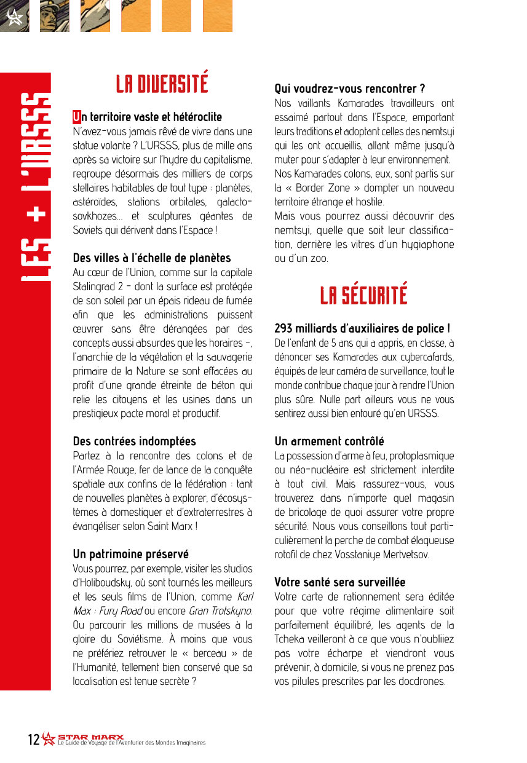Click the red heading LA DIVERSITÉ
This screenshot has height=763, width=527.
pos(162,84)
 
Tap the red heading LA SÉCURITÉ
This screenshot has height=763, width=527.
pos(363,296)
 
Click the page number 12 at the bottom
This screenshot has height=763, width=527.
pos(34,739)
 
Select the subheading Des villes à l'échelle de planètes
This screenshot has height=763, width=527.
pos(151,258)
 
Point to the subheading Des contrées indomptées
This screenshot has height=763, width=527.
pos(134,441)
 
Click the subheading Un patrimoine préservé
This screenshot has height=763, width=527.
pos(130,554)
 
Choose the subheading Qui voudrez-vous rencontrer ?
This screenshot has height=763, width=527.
pos(349,89)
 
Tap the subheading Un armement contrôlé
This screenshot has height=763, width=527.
pos(329,441)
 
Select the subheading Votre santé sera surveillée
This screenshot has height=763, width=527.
pos(339,582)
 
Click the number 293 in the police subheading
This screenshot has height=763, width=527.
pos(285,328)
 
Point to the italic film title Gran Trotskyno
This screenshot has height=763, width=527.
pos(220,611)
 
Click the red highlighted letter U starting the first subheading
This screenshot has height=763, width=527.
pos(77,117)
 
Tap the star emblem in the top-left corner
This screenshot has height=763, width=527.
pos(15,17)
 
